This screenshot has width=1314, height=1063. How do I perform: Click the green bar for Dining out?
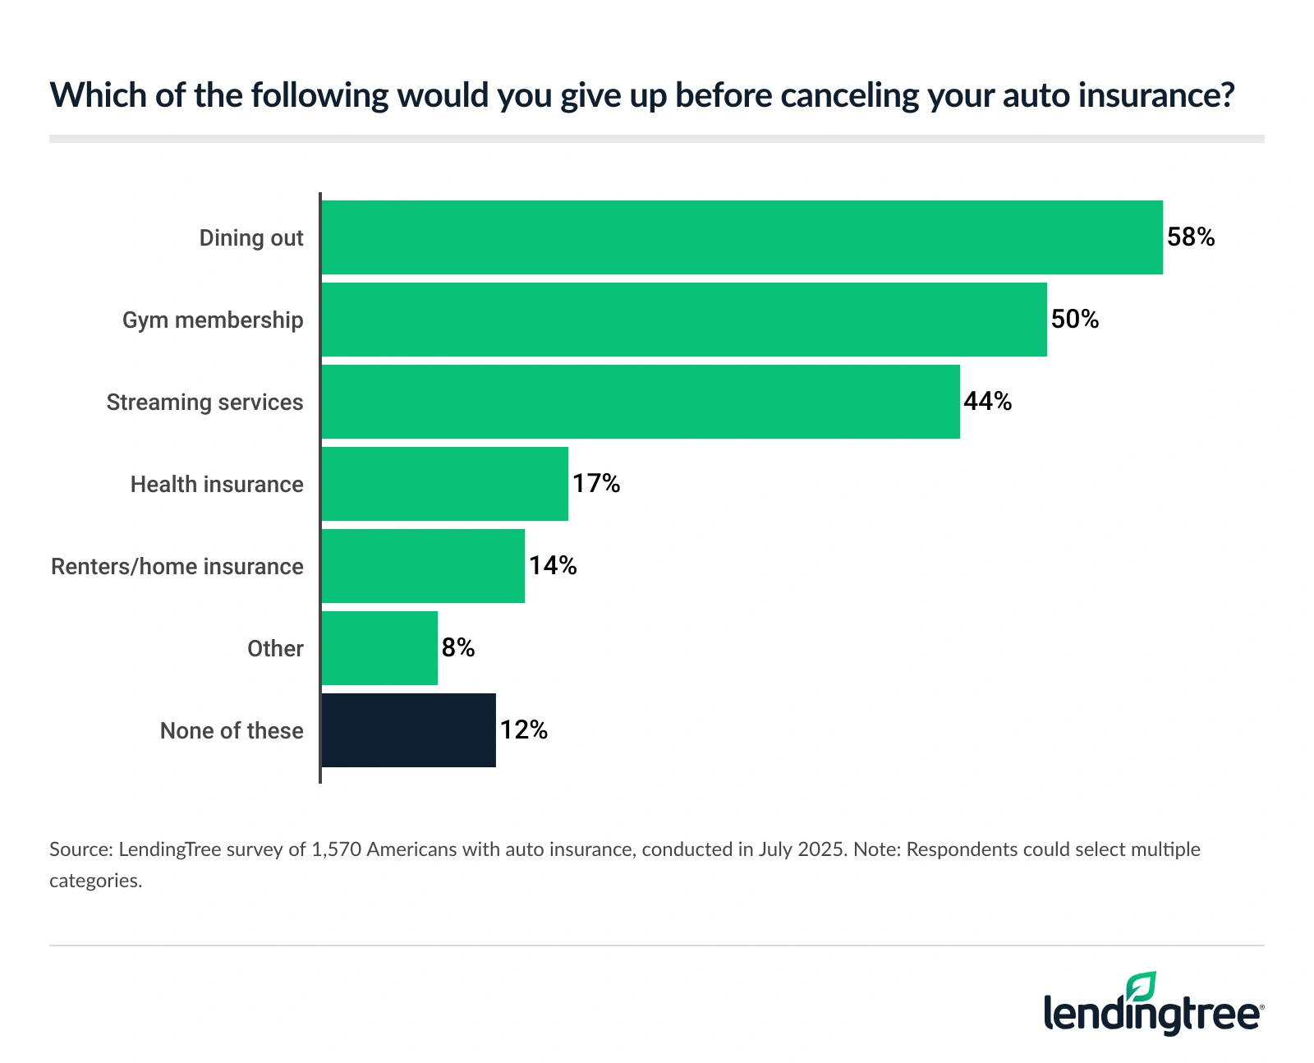742,237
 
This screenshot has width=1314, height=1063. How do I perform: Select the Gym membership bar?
683,320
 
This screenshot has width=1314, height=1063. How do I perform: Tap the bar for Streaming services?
640,402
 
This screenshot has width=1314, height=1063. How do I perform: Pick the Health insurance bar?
444,484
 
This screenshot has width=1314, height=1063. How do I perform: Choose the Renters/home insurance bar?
422,566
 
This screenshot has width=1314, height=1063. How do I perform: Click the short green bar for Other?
379,648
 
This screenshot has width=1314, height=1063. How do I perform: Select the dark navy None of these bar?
408,730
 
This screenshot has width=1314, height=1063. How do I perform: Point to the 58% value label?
1191,237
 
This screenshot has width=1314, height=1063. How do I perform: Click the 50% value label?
1075,320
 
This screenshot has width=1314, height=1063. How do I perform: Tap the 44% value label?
987,402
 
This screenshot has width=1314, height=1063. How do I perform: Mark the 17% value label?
596,484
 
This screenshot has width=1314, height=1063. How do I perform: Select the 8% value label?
458,648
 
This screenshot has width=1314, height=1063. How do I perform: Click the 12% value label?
524,730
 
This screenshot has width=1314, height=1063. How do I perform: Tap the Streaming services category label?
204,403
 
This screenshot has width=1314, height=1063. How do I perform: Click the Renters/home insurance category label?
177,567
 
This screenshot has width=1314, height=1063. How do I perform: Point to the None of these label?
232,731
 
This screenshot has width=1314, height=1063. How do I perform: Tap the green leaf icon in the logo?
1141,987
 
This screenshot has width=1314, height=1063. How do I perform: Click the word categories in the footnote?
95,881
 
